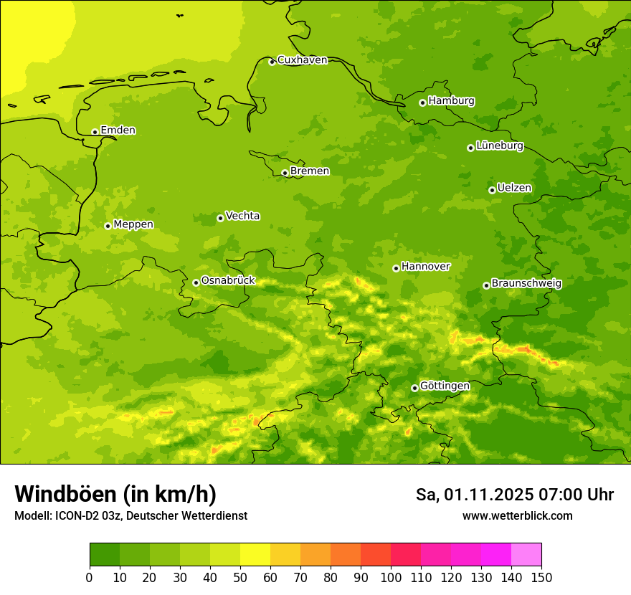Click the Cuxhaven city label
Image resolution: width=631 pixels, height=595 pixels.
coord(302,60)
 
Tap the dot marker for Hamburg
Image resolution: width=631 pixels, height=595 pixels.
coord(422,103)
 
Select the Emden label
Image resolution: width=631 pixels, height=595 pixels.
coord(118,130)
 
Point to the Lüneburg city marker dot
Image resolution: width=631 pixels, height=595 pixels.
coord(470,148)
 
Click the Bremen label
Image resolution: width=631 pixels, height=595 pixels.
coord(310,171)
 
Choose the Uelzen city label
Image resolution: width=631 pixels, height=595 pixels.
coord(514,189)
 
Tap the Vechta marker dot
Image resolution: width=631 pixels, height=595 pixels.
coord(220,218)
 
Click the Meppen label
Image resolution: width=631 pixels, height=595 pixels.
coord(133,224)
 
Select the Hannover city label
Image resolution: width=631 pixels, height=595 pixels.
coord(425,267)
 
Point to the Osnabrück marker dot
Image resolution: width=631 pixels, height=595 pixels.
coord(196,282)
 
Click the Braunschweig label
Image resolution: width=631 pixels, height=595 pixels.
coord(526,284)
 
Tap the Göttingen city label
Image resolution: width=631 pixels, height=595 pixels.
coord(445,386)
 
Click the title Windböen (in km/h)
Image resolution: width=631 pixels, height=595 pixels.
coord(115,494)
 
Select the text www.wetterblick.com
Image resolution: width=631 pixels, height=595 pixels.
coord(517,516)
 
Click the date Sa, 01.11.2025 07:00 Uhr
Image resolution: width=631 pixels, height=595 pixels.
coord(514,495)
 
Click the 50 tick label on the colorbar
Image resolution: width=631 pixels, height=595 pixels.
coord(240,578)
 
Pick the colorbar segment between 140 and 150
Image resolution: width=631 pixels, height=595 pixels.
coord(526,554)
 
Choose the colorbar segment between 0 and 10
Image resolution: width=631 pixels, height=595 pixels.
coord(105,554)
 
